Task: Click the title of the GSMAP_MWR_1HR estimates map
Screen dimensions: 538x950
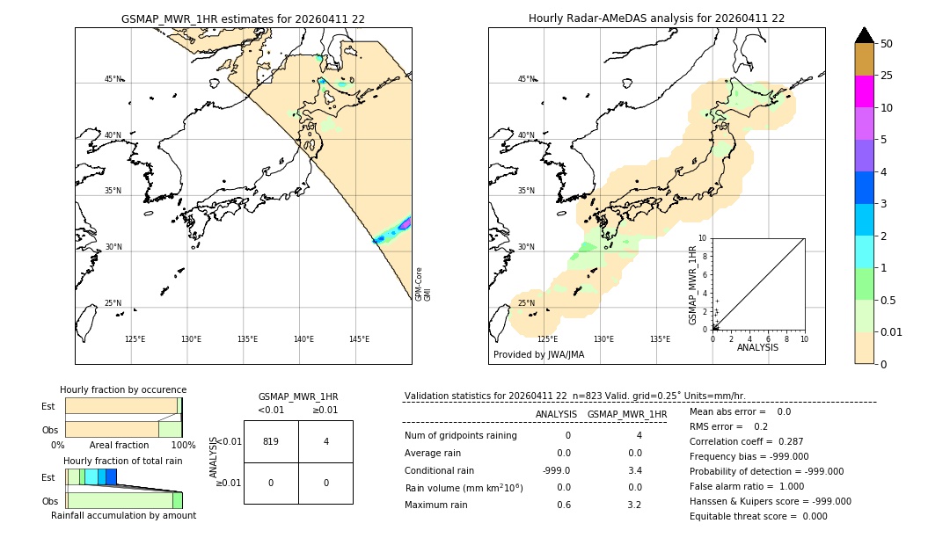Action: (x=243, y=18)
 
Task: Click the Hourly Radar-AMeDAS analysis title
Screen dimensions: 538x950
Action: (x=656, y=18)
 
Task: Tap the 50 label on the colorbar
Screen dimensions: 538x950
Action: (x=887, y=44)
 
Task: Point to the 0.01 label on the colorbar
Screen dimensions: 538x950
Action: (x=892, y=331)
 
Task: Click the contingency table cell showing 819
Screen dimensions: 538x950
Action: (x=271, y=441)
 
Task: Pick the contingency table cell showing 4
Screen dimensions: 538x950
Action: (x=325, y=441)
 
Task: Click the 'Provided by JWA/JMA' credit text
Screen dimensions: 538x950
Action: (x=538, y=354)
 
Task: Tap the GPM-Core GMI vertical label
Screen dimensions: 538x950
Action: (x=423, y=283)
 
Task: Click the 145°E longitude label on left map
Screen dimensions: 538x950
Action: (x=359, y=339)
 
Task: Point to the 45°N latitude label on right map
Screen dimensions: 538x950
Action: (x=526, y=79)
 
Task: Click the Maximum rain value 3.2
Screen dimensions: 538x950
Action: (x=633, y=505)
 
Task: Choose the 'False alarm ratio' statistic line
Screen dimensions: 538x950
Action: (x=746, y=486)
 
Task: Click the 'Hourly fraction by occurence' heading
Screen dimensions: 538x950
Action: (x=123, y=389)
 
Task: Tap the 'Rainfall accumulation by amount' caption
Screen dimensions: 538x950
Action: (x=123, y=515)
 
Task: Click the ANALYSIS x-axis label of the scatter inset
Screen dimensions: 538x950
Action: (x=757, y=347)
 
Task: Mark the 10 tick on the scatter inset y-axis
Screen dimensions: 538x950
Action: (x=702, y=237)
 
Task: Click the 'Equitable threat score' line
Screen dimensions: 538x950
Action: (x=758, y=516)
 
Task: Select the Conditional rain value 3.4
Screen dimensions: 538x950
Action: (x=633, y=470)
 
